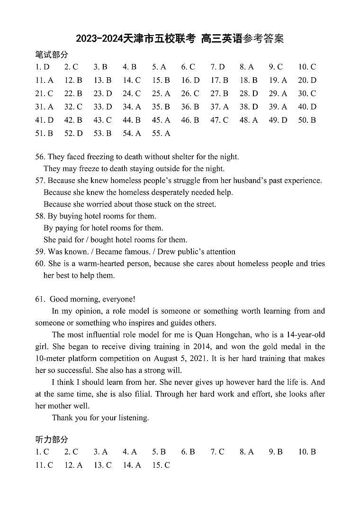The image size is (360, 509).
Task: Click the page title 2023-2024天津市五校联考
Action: coord(135,39)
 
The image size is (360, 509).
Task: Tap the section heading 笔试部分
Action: coord(52,55)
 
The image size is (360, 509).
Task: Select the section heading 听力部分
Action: coord(52,439)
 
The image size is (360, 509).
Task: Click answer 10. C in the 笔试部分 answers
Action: coord(307,67)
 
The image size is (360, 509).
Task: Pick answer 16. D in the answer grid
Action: coord(190,81)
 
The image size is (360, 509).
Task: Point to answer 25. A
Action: coord(161,94)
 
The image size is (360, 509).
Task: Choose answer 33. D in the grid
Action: coord(103,107)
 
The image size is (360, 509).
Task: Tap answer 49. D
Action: coord(278,120)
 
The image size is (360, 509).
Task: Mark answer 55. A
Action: coord(161,134)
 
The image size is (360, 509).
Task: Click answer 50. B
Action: coord(307,120)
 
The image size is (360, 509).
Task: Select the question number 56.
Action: coord(40,157)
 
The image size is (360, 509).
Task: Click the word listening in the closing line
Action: coord(135,418)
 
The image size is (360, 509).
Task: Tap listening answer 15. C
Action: coord(161,465)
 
